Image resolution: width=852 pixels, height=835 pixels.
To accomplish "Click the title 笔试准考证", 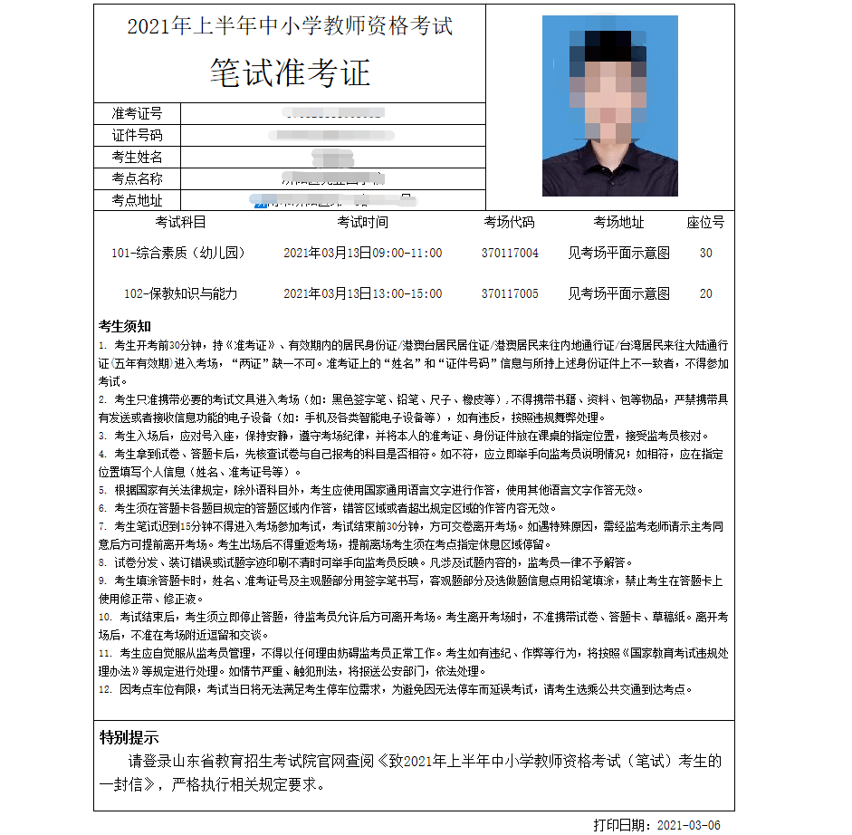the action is click(x=290, y=72).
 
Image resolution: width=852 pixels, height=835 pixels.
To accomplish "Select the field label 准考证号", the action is click(x=137, y=113).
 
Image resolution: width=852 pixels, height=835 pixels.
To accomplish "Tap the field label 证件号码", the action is click(x=137, y=135).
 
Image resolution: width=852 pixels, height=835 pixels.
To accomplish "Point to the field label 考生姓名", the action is click(x=137, y=157).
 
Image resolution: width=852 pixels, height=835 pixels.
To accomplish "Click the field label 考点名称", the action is click(x=137, y=178).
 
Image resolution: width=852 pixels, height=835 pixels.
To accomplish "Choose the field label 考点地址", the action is click(x=137, y=200).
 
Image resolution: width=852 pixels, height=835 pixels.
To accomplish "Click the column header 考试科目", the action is click(x=180, y=222).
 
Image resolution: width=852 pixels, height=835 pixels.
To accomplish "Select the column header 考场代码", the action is click(x=509, y=222).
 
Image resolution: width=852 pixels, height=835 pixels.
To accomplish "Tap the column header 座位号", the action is click(x=705, y=222).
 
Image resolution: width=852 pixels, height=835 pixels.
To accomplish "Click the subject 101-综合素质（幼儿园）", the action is click(x=177, y=254).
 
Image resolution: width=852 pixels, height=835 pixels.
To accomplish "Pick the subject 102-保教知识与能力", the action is click(x=180, y=293).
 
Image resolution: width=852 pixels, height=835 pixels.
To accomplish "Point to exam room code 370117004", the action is click(x=510, y=254).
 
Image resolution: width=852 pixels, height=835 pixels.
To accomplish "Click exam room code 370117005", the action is click(x=510, y=293).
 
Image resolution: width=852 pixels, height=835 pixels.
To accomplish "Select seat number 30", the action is click(x=706, y=254).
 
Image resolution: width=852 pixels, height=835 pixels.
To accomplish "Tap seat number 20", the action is click(x=706, y=293).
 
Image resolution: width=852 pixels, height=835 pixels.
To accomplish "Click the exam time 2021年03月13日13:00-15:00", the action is click(x=362, y=293).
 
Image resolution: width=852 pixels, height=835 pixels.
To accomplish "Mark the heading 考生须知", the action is click(x=125, y=325).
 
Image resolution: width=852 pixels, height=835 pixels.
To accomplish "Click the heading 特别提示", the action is click(x=129, y=735).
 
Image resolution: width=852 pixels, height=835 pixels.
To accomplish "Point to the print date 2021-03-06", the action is click(x=689, y=824).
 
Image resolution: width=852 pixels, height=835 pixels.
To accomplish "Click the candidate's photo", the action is click(x=609, y=105).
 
